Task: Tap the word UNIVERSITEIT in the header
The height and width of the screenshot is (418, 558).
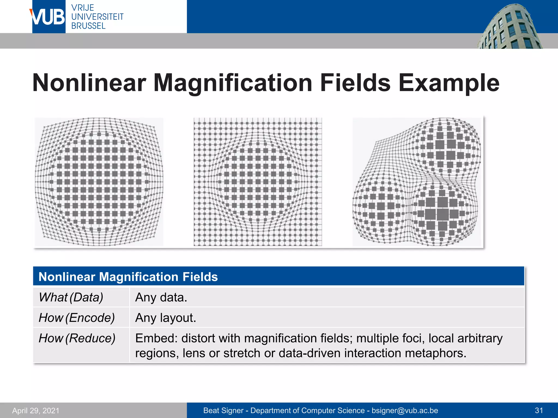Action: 97,17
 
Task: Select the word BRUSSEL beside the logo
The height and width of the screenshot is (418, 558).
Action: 88,26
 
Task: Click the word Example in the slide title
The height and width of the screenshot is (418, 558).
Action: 449,83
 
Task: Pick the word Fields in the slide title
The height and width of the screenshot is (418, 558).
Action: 355,83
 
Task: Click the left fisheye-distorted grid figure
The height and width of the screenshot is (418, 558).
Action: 99,182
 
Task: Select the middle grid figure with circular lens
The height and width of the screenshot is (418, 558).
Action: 258,182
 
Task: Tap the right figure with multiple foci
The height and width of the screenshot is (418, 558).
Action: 417,182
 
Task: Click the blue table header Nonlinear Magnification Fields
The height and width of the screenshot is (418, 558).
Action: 128,277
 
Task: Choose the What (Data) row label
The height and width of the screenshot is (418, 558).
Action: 71,297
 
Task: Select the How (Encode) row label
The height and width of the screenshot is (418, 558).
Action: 77,318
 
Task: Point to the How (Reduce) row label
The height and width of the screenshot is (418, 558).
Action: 77,338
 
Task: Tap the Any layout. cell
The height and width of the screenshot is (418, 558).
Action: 166,318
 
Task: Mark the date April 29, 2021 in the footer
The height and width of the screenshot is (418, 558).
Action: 36,410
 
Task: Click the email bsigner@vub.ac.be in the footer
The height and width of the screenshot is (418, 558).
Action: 405,410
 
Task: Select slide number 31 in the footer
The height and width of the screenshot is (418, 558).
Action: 539,410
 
